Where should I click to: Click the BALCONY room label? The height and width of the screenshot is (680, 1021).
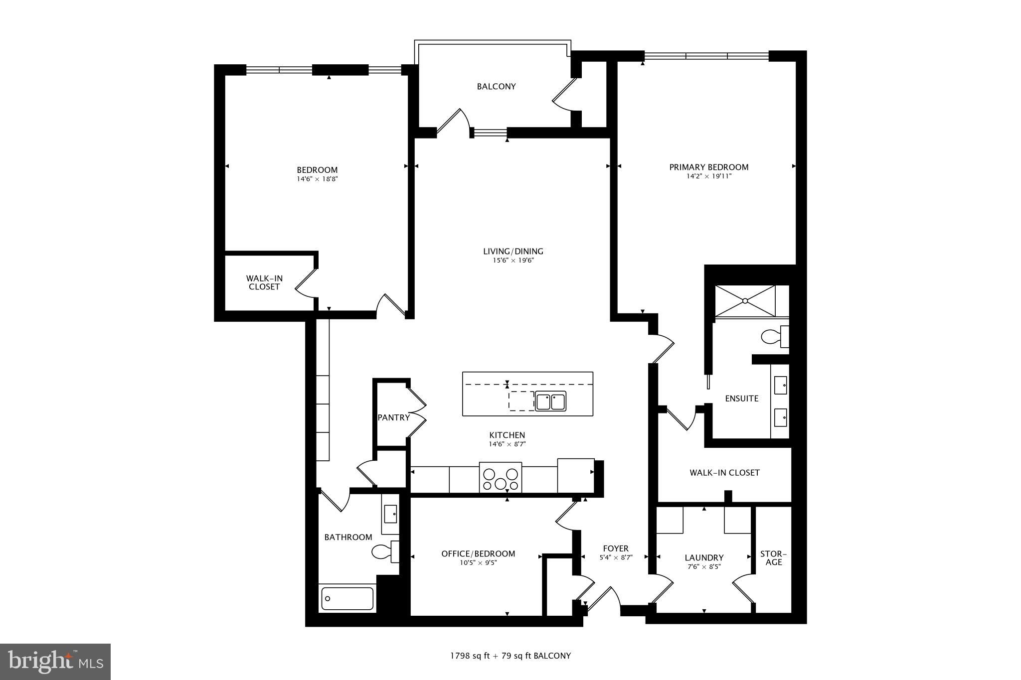pos(496,87)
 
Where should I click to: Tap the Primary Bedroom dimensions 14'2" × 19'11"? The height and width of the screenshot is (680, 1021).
pos(708,176)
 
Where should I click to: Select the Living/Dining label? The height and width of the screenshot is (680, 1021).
pos(513,252)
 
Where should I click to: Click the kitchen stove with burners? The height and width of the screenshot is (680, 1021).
pos(500,478)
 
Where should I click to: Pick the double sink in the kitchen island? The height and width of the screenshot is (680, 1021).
pos(550,401)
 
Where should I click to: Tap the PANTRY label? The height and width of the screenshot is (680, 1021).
pos(393,417)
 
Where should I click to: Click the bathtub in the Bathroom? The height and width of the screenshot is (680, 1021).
pos(347,598)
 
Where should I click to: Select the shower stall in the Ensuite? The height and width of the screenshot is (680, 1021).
pos(745,300)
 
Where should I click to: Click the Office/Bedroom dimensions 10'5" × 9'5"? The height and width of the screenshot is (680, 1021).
pos(478,563)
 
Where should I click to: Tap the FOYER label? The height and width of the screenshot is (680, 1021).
pos(615,548)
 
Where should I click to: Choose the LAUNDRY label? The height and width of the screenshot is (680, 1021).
pos(704,557)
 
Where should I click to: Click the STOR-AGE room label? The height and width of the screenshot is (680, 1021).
pos(773,558)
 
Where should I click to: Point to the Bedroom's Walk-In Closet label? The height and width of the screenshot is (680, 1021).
pos(264,282)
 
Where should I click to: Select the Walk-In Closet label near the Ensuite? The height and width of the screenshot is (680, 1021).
pos(724,472)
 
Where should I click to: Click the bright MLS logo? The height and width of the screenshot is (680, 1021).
pos(55,662)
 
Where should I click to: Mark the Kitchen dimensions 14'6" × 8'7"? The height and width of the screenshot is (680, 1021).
pos(507,444)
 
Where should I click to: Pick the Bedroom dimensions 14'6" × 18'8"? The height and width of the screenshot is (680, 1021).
pos(317,179)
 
